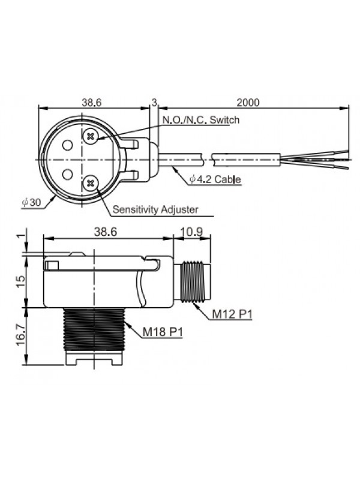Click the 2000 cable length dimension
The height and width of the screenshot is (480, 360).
[248, 102]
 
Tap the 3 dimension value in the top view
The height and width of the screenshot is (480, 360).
[154, 102]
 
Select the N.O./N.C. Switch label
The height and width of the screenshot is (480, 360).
[200, 119]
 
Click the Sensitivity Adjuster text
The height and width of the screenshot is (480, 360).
[155, 209]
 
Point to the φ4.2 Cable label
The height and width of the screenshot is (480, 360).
[215, 179]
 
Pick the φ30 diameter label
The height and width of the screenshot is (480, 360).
[31, 202]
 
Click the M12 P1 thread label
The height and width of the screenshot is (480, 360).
[232, 314]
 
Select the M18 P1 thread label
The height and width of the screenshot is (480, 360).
[163, 332]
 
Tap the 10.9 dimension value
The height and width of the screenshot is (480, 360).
[191, 232]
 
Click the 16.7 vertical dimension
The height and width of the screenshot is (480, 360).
[20, 336]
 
